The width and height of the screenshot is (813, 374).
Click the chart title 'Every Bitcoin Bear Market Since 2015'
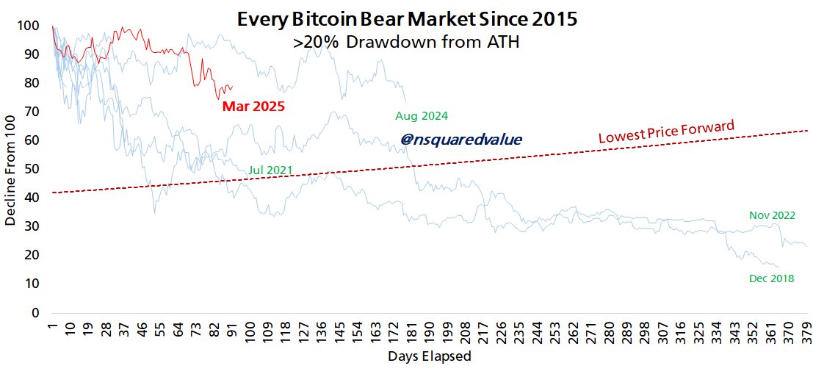click(x=406, y=19)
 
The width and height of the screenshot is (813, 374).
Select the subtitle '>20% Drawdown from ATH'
click(x=406, y=43)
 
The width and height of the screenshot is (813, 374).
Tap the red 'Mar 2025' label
click(x=253, y=107)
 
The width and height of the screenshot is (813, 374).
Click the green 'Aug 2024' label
click(x=421, y=116)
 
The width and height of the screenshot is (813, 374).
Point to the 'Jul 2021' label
click(x=270, y=170)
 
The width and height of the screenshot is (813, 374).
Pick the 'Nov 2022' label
click(x=771, y=215)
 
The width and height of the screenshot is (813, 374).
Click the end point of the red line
click(x=232, y=87)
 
